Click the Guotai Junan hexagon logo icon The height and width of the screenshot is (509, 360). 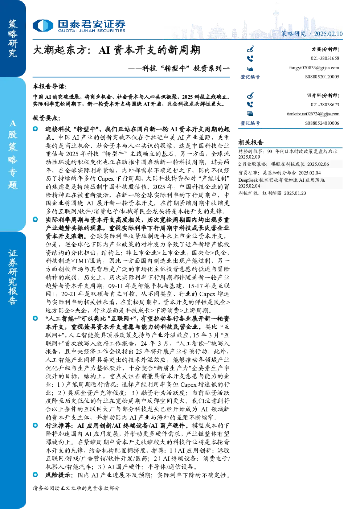(x=43, y=25)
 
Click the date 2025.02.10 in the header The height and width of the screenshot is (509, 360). (x=328, y=34)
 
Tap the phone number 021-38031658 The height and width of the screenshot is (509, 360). (x=325, y=58)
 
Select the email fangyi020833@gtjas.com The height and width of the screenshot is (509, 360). (x=314, y=68)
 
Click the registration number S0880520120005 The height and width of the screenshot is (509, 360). (x=322, y=77)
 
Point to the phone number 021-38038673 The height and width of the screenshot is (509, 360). (x=325, y=105)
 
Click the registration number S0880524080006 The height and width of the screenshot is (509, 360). (x=322, y=123)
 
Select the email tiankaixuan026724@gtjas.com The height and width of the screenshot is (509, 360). (x=313, y=114)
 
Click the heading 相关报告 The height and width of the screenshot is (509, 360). (x=251, y=143)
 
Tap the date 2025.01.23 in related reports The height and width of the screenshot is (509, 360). (x=295, y=193)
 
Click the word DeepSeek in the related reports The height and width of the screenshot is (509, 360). (x=248, y=180)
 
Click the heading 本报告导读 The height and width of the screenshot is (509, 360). (x=50, y=87)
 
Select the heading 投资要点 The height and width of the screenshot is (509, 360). (x=46, y=118)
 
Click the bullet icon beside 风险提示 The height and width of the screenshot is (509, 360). (x=35, y=475)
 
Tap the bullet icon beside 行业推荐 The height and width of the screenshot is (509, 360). (x=35, y=425)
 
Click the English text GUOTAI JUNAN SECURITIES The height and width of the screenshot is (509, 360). (x=91, y=30)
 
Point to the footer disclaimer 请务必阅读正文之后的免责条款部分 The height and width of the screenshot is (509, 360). (x=76, y=488)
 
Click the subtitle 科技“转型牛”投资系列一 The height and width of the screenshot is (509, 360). (x=179, y=68)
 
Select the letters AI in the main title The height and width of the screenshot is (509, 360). (x=104, y=50)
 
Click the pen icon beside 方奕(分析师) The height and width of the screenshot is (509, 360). (x=250, y=49)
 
